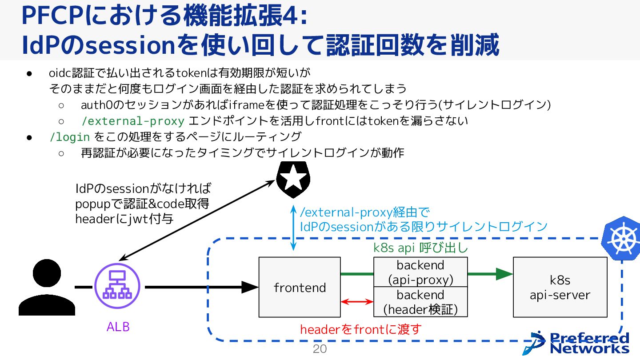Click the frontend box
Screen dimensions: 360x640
coord(300,287)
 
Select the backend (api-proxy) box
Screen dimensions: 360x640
coord(420,272)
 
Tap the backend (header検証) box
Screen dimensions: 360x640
coord(420,302)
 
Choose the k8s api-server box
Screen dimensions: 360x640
coord(560,287)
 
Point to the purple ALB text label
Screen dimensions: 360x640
coord(118,327)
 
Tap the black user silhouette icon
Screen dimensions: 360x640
coord(47,288)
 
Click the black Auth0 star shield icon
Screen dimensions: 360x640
coord(293,179)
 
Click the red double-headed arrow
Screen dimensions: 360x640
coord(357,302)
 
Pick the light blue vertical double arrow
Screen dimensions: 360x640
coord(293,228)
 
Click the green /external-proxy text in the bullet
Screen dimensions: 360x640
coord(132,121)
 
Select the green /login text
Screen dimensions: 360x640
coord(70,137)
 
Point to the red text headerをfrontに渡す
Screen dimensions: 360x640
coord(360,330)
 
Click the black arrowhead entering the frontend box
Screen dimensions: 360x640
coord(251,287)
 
